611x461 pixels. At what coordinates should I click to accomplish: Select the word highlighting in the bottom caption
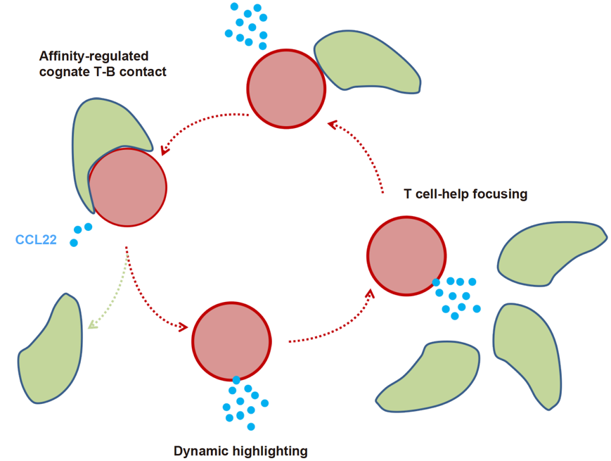pyautogui.click(x=271, y=451)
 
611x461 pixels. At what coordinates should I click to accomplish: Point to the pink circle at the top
pyautogui.click(x=285, y=89)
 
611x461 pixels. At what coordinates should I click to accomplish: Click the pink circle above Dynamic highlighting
pyautogui.click(x=231, y=341)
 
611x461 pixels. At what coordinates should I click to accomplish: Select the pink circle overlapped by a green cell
pyautogui.click(x=128, y=187)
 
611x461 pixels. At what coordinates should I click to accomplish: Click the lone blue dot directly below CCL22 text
pyautogui.click(x=73, y=243)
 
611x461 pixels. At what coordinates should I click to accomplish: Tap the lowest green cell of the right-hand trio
pyautogui.click(x=429, y=377)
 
